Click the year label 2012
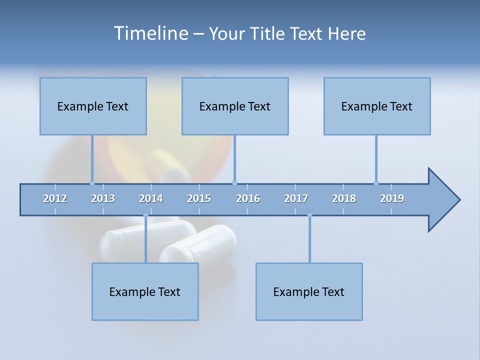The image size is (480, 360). (55, 198)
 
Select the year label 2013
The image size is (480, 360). (103, 198)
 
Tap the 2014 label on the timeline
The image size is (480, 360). (151, 198)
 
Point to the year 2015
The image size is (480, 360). (199, 198)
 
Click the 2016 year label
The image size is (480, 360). (248, 198)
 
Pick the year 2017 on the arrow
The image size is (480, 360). (296, 198)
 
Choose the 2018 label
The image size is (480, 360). (344, 198)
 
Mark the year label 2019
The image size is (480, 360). (392, 198)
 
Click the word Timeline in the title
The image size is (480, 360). (150, 33)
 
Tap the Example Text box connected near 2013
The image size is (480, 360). (93, 106)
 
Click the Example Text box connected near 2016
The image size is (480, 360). (235, 106)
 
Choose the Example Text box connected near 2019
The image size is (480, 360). (377, 106)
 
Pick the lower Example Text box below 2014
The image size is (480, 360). (145, 291)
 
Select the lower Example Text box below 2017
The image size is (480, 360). (309, 291)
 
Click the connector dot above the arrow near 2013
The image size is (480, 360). (92, 183)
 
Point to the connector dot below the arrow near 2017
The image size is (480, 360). (309, 215)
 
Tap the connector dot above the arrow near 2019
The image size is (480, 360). (376, 183)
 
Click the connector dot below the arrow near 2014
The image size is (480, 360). (145, 215)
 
